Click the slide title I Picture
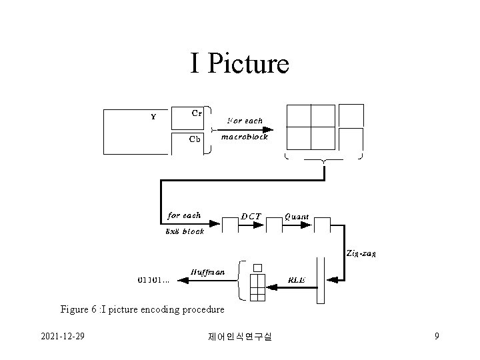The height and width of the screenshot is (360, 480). pos(239,63)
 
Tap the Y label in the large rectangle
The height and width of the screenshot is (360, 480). pos(153,117)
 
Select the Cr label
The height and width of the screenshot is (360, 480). pos(197,113)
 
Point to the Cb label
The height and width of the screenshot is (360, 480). pos(195,139)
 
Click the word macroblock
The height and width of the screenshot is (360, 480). pos(244,137)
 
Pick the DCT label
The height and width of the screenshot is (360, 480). pos(251,216)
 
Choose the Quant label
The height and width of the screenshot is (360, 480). pos(297,216)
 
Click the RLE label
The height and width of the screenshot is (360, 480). pos(297,280)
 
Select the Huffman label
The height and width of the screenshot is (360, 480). pos(207,272)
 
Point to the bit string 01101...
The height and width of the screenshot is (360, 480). pos(153,280)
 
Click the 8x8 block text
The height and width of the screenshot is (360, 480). pos(185,231)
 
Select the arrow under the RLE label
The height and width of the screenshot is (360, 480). pos(294,288)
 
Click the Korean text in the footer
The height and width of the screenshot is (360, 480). pos(239,337)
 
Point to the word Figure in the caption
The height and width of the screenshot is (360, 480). pos(74,309)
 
